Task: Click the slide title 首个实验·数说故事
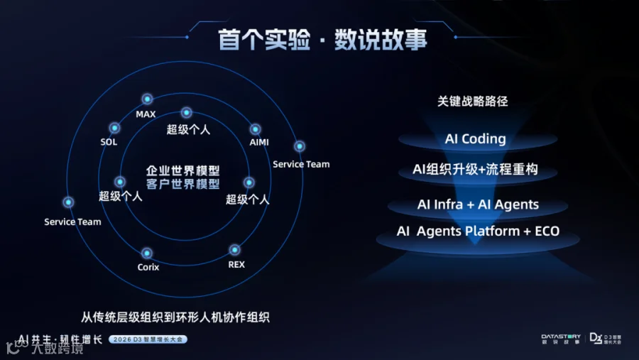pos(323,39)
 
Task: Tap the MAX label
pos(146,114)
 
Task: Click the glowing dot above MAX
pos(147,99)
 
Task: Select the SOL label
pos(109,142)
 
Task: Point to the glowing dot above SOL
pos(114,129)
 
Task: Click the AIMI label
pos(259,142)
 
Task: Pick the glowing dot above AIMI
pos(255,129)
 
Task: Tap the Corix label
pos(148,267)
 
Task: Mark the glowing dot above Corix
pos(147,253)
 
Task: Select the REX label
pos(236,264)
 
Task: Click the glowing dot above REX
pos(234,250)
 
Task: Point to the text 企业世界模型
pos(182,171)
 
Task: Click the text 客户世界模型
pos(182,184)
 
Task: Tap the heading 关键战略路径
pos(473,102)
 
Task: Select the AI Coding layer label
pos(475,139)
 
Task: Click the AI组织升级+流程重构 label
pos(475,170)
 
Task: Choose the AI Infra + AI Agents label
pos(478,204)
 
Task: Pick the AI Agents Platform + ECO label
pos(478,231)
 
